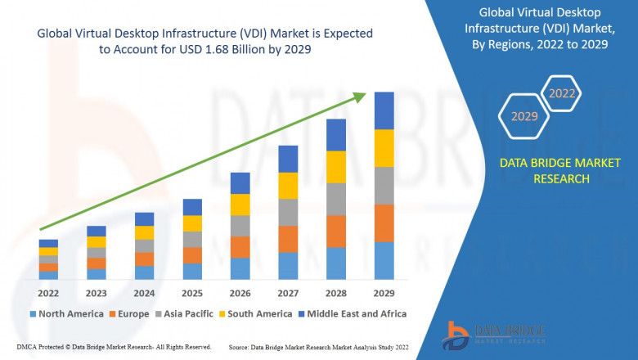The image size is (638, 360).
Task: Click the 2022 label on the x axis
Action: [48, 293]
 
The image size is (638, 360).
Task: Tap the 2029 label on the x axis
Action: [384, 293]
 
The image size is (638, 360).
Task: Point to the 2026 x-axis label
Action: [240, 293]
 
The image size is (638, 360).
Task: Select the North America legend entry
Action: [67, 313]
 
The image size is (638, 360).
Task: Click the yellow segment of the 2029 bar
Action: [384, 148]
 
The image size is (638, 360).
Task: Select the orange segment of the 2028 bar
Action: [336, 232]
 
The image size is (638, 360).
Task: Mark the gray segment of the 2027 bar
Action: [288, 212]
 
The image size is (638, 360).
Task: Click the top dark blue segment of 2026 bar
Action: [240, 182]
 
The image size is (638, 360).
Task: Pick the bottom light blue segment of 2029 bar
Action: [384, 260]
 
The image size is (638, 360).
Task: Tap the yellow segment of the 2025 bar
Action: [192, 223]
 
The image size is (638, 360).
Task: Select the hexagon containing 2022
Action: [562, 94]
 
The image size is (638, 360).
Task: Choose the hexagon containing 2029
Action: [524, 117]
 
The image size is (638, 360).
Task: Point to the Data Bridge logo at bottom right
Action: [490, 332]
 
